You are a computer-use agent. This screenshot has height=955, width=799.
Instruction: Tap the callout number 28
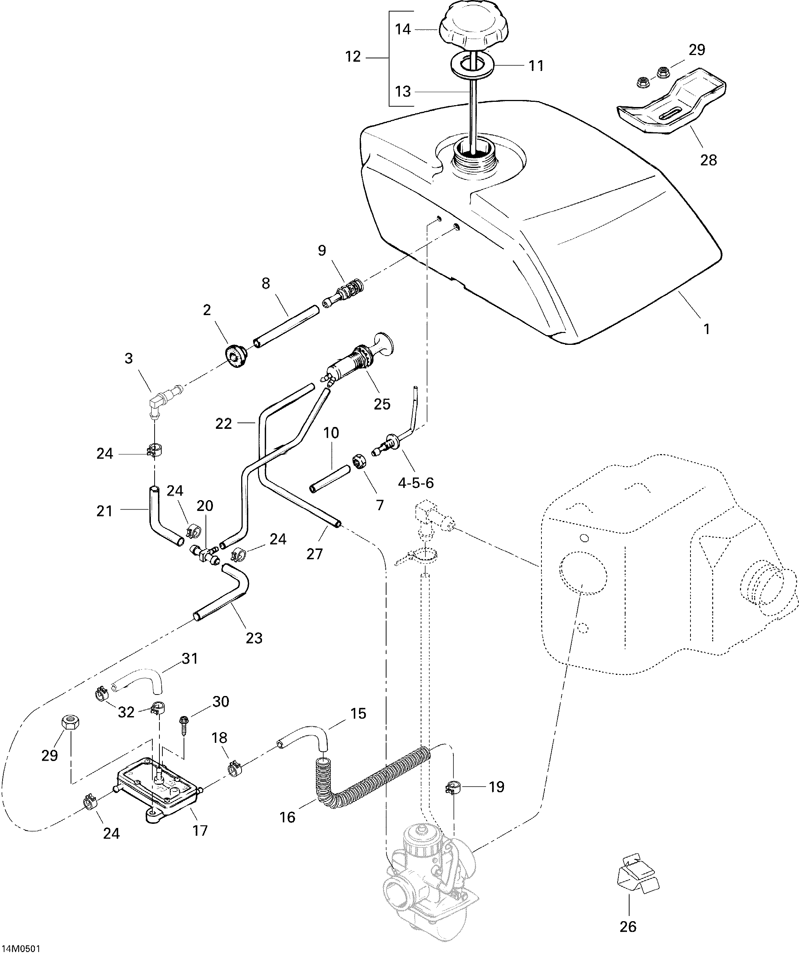[708, 160]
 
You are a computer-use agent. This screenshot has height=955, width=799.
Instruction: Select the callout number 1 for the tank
[706, 329]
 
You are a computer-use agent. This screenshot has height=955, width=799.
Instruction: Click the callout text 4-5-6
[415, 483]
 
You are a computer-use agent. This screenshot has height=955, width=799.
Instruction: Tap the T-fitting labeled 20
[203, 553]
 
